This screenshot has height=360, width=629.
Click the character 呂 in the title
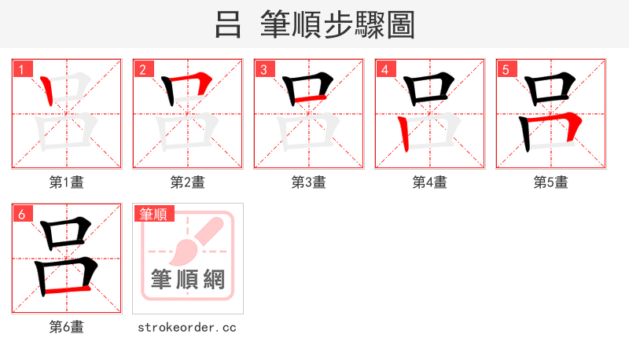(x=228, y=25)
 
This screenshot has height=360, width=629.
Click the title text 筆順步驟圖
(x=338, y=25)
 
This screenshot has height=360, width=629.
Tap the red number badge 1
(x=21, y=70)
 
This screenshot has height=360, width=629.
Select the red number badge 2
(x=142, y=70)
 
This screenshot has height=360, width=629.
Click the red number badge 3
(x=263, y=70)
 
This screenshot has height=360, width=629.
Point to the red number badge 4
(x=384, y=70)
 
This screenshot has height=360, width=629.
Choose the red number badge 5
(x=506, y=70)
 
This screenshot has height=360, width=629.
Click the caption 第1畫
(x=67, y=182)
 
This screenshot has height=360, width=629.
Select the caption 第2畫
(x=188, y=182)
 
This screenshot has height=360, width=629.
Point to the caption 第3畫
(x=309, y=182)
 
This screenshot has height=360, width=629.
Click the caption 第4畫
(x=430, y=182)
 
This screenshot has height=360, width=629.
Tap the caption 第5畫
(x=551, y=182)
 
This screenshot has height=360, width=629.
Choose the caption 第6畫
(x=67, y=327)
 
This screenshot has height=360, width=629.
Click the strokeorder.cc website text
(x=187, y=327)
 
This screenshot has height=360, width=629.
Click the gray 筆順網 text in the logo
(x=188, y=279)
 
